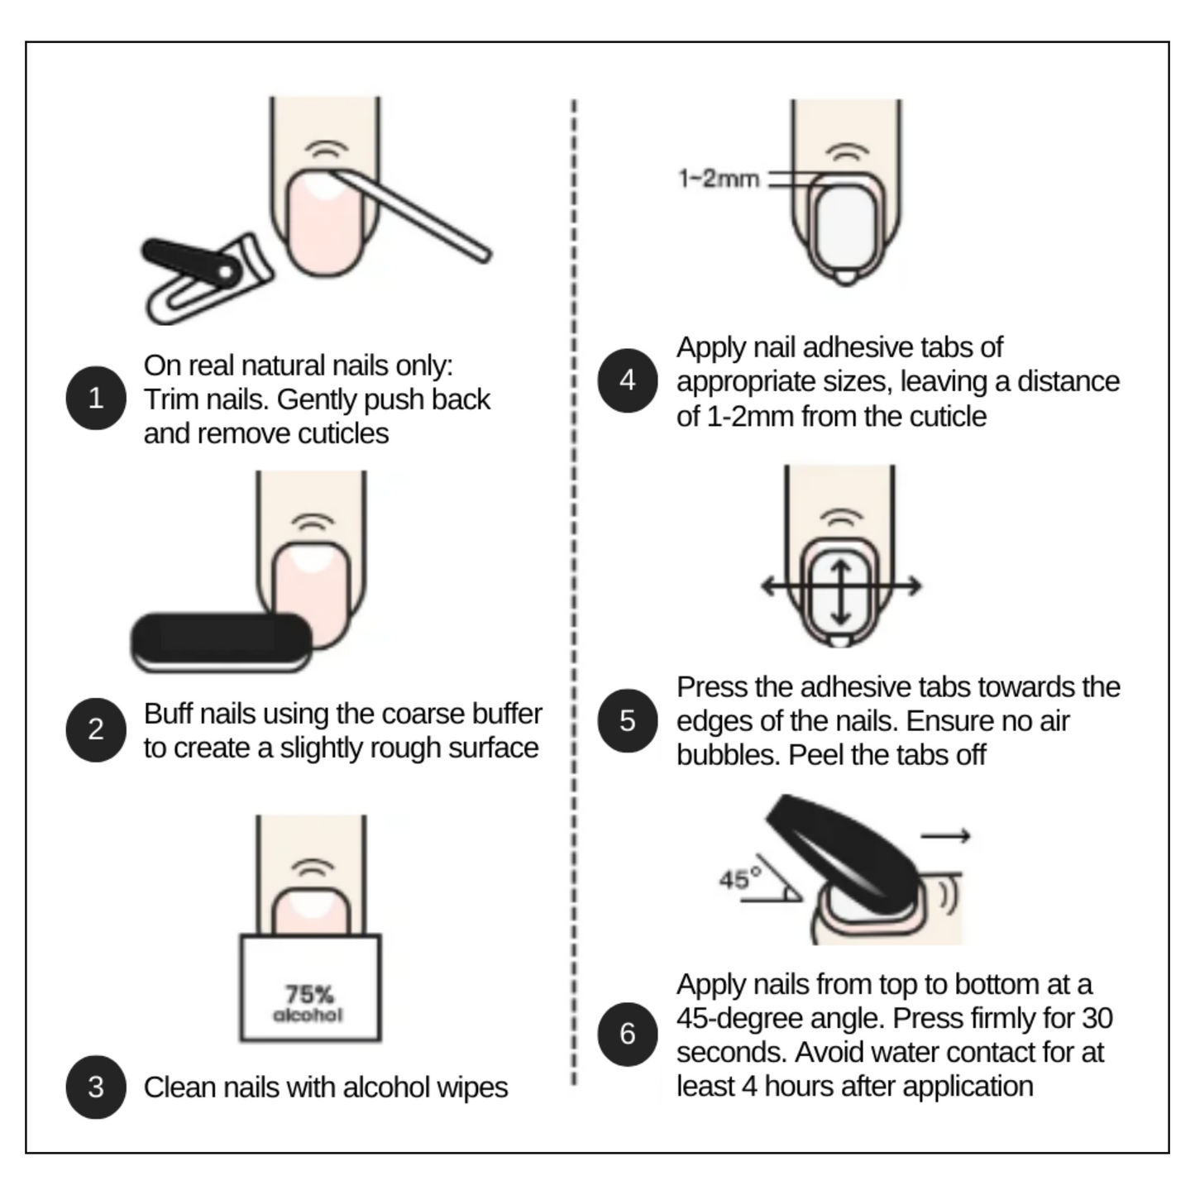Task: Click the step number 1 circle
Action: click(x=96, y=398)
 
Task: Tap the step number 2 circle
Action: click(x=96, y=730)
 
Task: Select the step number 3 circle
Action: click(x=96, y=1087)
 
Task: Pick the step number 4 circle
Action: click(x=628, y=380)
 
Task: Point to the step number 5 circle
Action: click(x=628, y=720)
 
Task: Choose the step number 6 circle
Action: click(x=628, y=1034)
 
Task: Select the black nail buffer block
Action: click(x=222, y=642)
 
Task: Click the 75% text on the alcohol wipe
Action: click(x=309, y=995)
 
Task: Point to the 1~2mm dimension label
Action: click(x=719, y=179)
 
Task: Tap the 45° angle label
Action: click(x=740, y=878)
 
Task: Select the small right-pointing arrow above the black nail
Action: click(x=945, y=836)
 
